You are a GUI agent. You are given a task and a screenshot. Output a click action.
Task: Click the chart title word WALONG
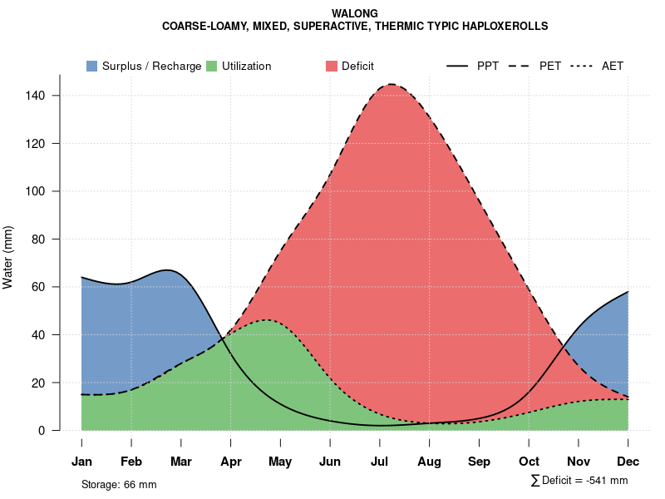pos(355,13)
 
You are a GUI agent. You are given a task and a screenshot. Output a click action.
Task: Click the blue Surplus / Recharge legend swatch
pos(91,66)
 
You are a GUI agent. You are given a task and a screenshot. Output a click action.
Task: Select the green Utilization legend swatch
pos(211,66)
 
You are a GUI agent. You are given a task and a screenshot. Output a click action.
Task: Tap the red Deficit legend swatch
pos(332,66)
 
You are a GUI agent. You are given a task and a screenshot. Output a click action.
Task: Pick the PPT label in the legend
pos(488,66)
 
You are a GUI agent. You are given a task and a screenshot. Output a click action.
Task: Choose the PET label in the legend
pos(549,66)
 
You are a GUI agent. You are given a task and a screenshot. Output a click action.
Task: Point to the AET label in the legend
pos(613,66)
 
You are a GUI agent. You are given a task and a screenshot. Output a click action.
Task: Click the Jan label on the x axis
pos(81,462)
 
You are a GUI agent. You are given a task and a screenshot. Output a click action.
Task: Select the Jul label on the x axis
pos(380,462)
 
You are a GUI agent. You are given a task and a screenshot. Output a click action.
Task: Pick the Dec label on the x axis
pos(628,462)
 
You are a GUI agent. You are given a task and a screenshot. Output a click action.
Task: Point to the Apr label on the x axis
pos(230,462)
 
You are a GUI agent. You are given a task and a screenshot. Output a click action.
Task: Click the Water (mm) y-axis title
pos(8,257)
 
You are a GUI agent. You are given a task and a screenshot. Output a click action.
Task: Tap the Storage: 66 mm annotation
pos(119,484)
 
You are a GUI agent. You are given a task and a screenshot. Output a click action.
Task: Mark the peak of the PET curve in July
pos(391,84)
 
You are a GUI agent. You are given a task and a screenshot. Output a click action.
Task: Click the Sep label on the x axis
pos(479,462)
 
